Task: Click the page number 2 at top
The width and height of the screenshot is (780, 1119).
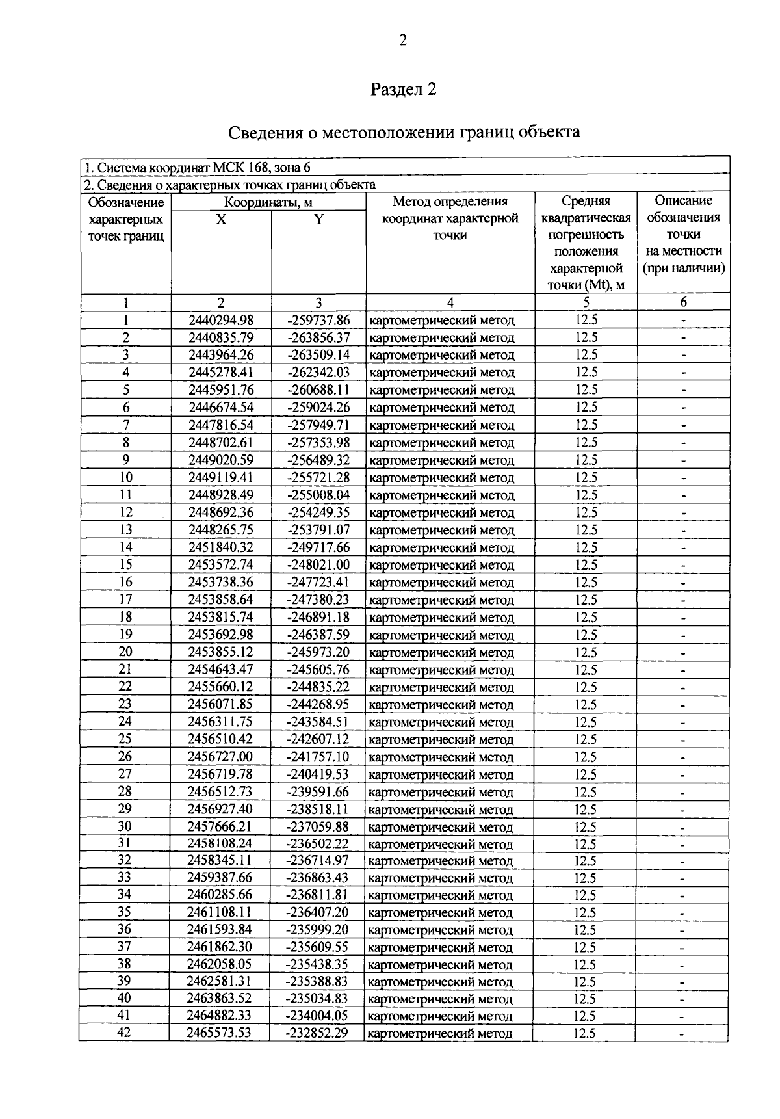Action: coord(403,41)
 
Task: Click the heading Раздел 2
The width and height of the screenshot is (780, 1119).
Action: coord(403,89)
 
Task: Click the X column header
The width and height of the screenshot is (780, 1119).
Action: coord(221,220)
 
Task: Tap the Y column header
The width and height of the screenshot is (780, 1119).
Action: coord(318,220)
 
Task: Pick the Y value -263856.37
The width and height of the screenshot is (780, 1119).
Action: coord(318,337)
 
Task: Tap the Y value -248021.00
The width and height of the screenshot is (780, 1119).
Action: coord(318,565)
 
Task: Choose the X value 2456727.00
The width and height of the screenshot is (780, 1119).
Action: coord(220,757)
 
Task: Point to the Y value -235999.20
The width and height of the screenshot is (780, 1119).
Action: coord(318,930)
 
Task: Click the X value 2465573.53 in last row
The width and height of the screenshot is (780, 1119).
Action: coord(220,1033)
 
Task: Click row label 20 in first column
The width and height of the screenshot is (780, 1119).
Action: coord(125,652)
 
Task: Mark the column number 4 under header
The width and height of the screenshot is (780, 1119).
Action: coord(450,302)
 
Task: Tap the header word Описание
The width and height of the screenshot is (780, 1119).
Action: coord(683,201)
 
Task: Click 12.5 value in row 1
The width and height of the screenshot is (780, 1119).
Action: coord(586,320)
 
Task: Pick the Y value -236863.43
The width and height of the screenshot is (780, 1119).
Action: coord(318,878)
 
